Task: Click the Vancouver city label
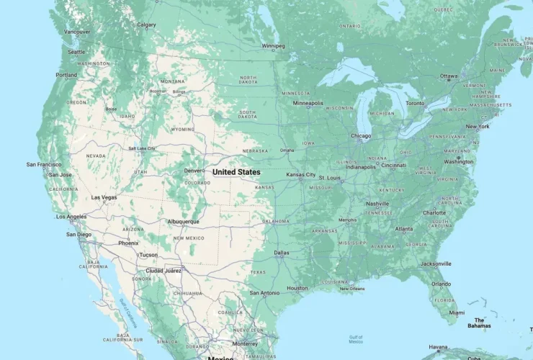point(77,32)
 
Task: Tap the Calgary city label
point(146,25)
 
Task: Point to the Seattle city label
point(76,52)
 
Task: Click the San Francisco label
point(44,165)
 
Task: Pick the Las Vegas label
point(104,197)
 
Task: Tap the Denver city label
point(192,171)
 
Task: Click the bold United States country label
point(236,173)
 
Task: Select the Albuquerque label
point(182,222)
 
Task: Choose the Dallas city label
point(282,253)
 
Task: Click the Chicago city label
point(361,135)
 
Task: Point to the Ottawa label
point(449,76)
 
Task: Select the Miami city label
point(457,312)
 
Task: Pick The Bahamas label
point(480,323)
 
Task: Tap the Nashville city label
point(377,204)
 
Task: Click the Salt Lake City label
point(143,148)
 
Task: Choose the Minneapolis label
point(308,103)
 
